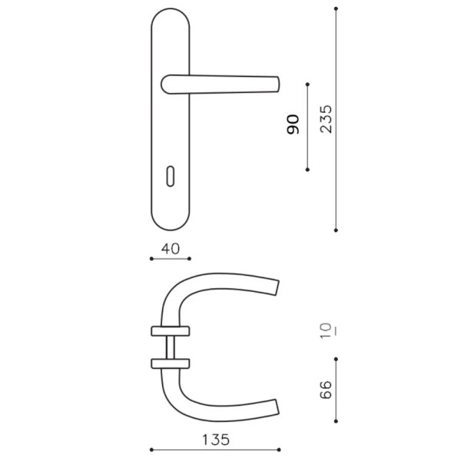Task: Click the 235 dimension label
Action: pos(326,119)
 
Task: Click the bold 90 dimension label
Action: pos(293,124)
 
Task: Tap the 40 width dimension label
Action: pos(171,249)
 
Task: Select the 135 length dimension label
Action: pos(215,439)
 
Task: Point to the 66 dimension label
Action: pos(326,390)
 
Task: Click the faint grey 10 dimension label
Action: pos(327,331)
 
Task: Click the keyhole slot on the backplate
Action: pos(171,177)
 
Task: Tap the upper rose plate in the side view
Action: pos(171,331)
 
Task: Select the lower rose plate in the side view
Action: pos(171,363)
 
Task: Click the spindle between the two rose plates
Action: pos(171,347)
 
